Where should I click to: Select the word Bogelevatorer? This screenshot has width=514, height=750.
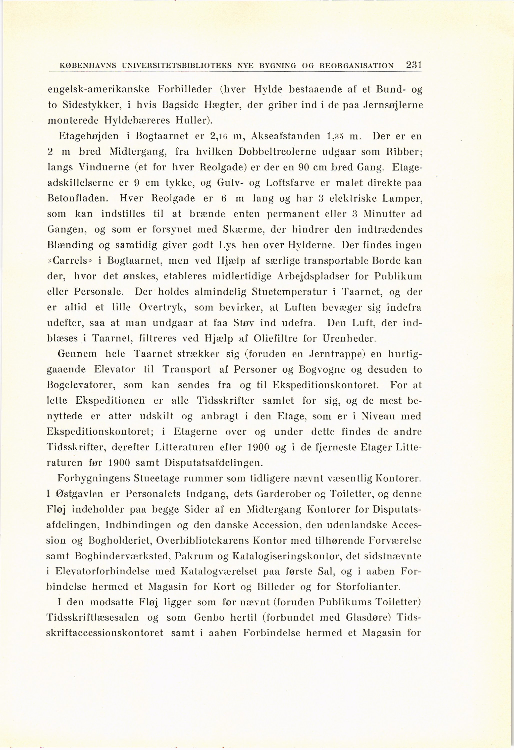(x=82, y=385)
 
